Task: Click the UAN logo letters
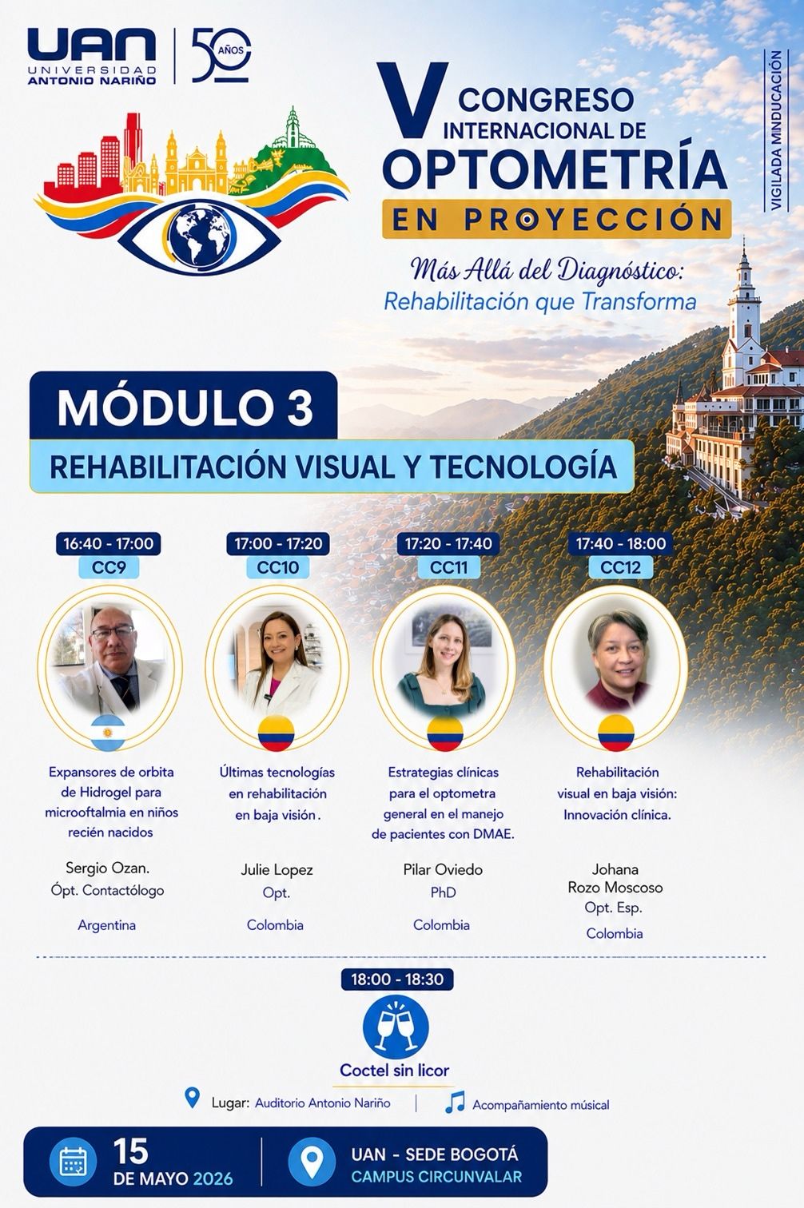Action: [92, 46]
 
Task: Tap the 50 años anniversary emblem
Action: [221, 55]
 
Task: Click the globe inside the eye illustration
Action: [201, 236]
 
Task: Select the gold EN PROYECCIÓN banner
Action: [556, 219]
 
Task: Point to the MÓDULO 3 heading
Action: [185, 407]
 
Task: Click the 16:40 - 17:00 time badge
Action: [109, 543]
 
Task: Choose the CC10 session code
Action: [278, 567]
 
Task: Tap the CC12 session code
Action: [620, 567]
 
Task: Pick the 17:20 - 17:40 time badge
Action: [448, 543]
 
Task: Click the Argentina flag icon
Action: [108, 733]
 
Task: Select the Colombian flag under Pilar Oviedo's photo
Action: [445, 733]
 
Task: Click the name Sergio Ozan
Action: [107, 868]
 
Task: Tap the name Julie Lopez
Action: [277, 870]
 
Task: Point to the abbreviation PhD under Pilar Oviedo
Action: [443, 892]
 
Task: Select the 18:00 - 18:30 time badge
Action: [397, 979]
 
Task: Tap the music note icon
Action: [455, 1103]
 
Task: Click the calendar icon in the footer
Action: [74, 1162]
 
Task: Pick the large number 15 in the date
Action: [130, 1151]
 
